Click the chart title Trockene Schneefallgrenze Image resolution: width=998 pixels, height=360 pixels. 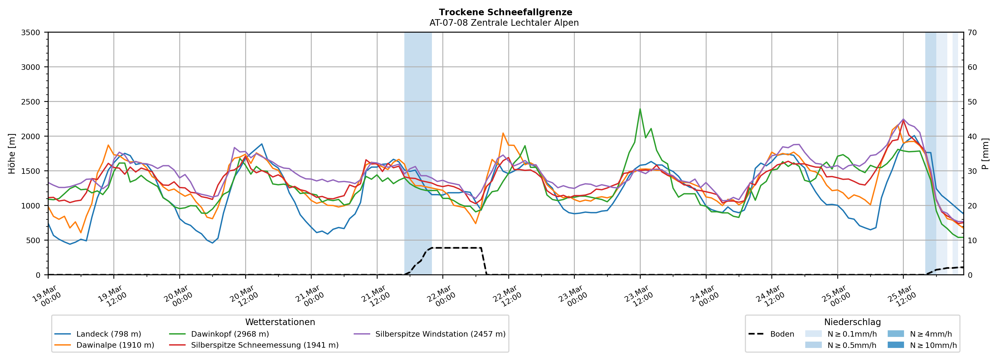tap(505, 12)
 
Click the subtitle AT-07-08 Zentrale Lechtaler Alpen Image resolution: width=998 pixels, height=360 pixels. tap(504, 23)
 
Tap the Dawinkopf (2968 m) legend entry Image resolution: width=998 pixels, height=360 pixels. tap(230, 334)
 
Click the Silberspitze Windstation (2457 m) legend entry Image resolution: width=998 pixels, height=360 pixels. tap(440, 334)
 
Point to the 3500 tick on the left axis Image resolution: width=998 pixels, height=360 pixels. tap(31, 33)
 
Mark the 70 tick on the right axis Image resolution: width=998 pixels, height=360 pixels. tap(972, 33)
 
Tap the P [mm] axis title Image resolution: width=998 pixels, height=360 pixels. tap(985, 154)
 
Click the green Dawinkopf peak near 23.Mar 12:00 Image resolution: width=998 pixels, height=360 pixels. tap(640, 109)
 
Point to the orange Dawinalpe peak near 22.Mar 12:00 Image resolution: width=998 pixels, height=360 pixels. tap(503, 133)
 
